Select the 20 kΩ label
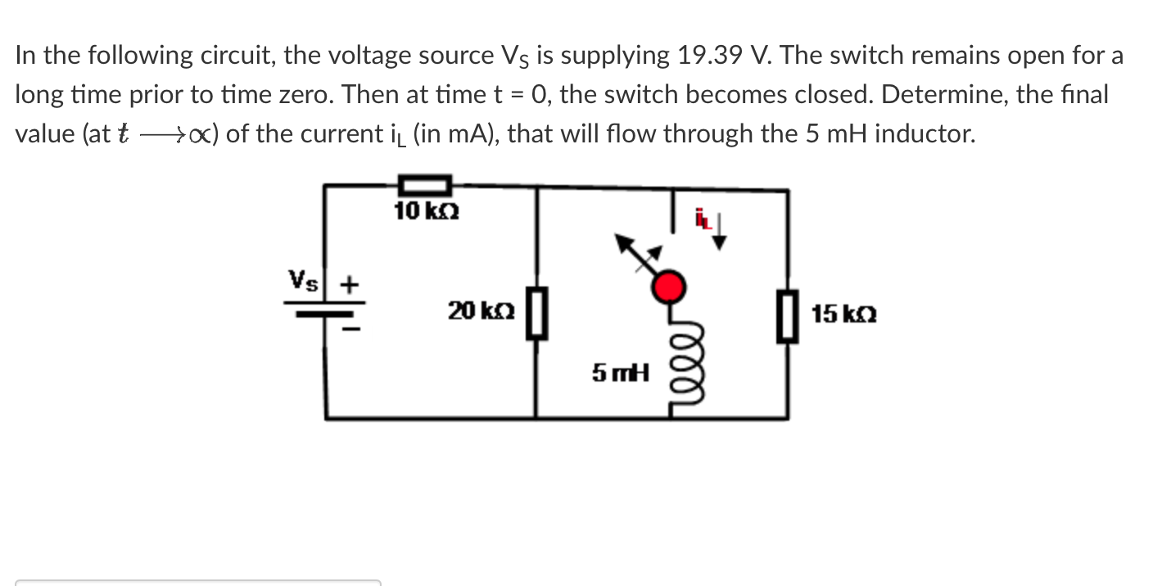(481, 311)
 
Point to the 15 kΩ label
(844, 313)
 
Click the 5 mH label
(620, 374)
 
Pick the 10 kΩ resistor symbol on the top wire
(424, 185)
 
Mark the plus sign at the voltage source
(350, 285)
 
